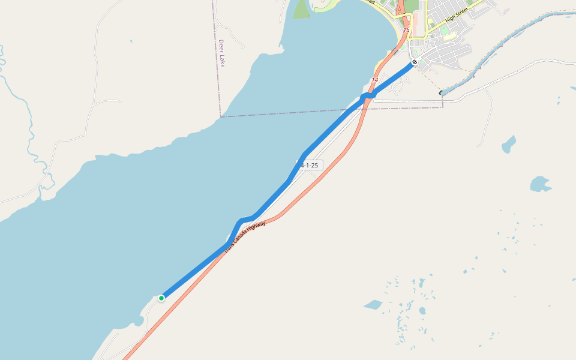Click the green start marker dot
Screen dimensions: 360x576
[x=161, y=298]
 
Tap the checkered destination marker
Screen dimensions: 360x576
[x=415, y=62]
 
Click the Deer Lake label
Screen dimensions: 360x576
[x=221, y=53]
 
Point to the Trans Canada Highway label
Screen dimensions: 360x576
[x=245, y=238]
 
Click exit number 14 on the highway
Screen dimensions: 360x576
[x=375, y=80]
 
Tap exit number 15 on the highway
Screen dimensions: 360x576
[x=406, y=29]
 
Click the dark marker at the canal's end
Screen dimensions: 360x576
[x=442, y=93]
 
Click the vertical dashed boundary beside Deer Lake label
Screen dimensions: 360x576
[x=216, y=60]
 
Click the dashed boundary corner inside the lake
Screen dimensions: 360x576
[x=221, y=116]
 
